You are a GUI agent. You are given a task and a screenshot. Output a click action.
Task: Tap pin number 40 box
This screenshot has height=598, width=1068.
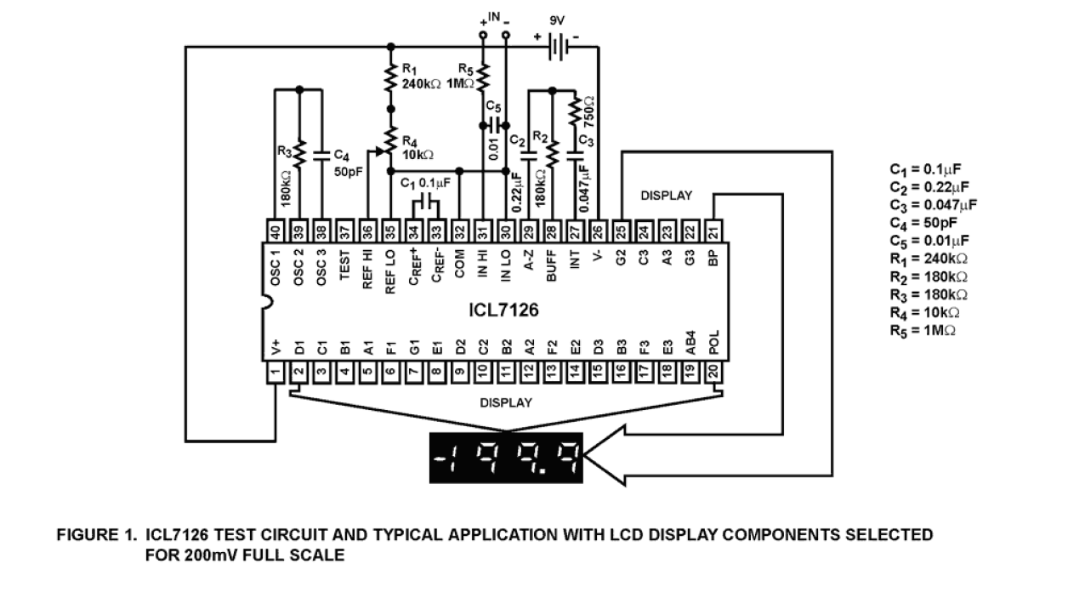(276, 232)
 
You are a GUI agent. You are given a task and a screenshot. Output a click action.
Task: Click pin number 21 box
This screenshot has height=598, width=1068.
(713, 232)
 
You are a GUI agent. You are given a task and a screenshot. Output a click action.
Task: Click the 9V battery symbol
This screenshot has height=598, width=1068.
(556, 47)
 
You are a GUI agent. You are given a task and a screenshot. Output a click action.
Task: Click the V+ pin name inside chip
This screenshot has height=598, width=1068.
(276, 345)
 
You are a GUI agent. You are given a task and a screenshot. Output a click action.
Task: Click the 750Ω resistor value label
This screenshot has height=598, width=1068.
(588, 111)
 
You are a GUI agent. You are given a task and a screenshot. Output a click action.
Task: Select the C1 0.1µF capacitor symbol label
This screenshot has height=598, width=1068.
(425, 182)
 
